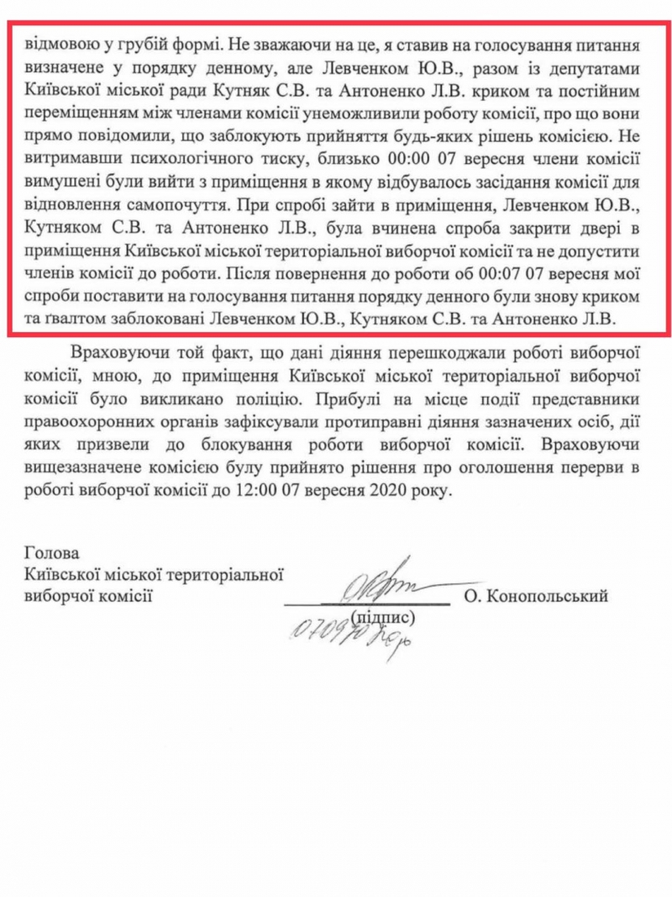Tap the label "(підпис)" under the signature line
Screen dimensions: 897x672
click(384, 616)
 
